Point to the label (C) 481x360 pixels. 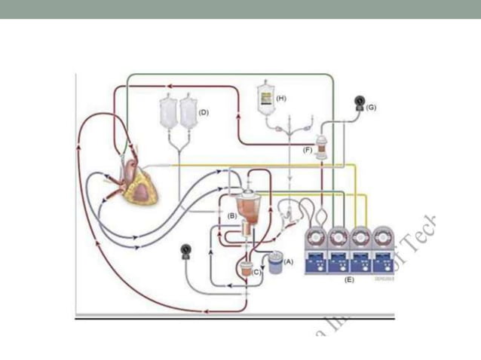(x=256, y=273)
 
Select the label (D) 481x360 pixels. (x=202, y=111)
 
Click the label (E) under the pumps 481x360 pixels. (x=348, y=279)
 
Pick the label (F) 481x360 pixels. (x=308, y=149)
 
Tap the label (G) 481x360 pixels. (x=371, y=108)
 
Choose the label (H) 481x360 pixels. (x=281, y=98)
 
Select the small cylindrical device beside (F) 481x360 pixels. (x=322, y=146)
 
